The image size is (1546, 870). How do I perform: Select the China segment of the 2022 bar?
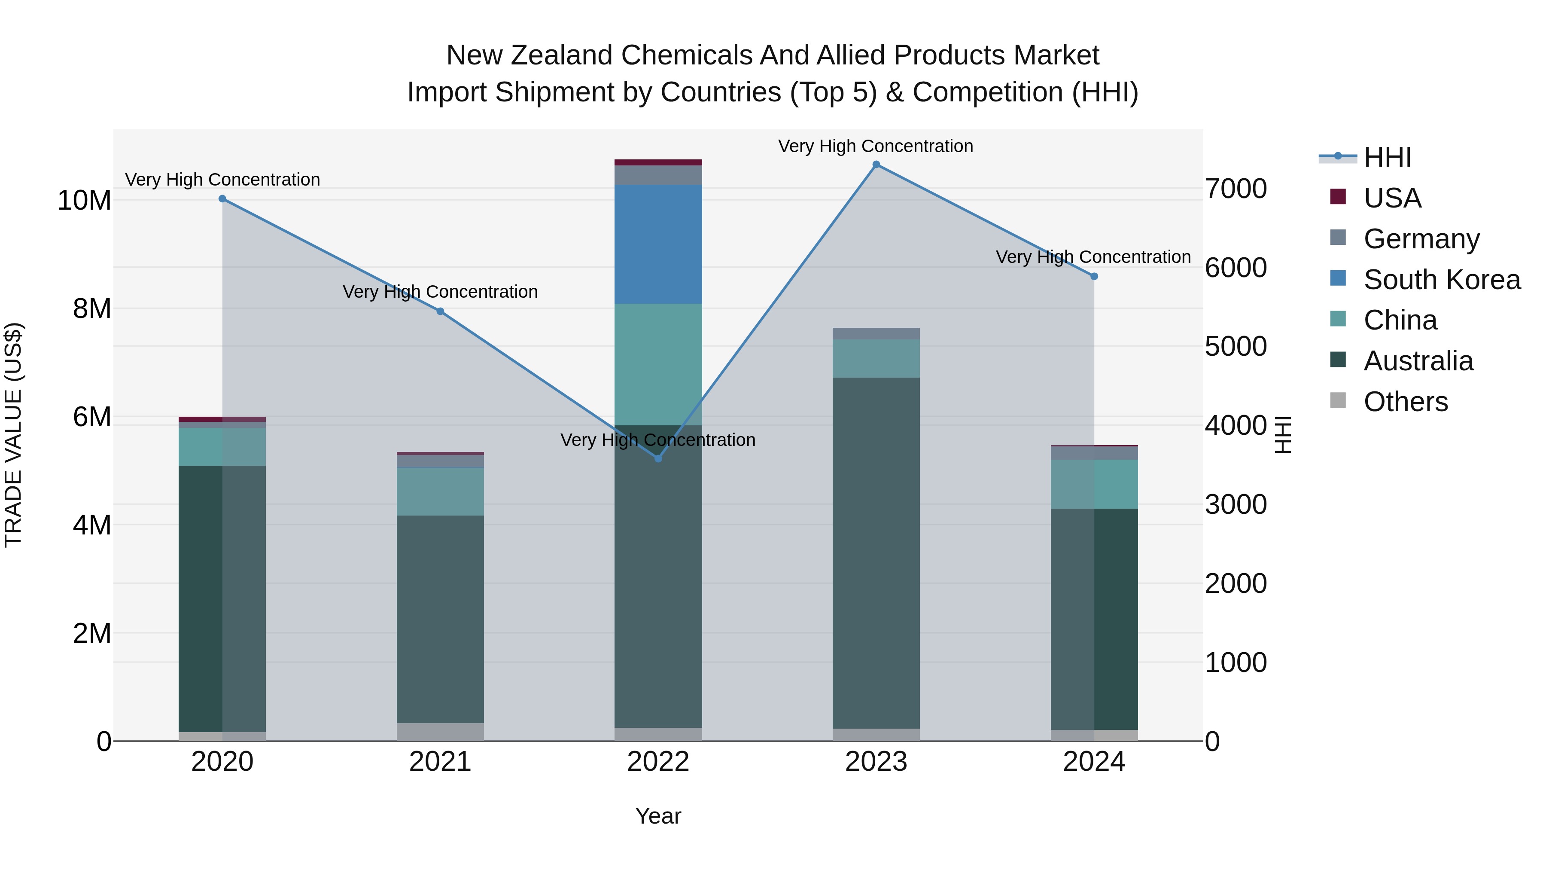coord(658,364)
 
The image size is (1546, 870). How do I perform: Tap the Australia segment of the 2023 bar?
coord(876,553)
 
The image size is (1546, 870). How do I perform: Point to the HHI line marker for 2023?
coord(876,165)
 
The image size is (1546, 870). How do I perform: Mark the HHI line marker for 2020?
coord(222,199)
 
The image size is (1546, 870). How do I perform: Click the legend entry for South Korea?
coord(1442,280)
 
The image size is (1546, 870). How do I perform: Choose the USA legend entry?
coord(1392,198)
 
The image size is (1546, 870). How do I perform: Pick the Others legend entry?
coord(1405,402)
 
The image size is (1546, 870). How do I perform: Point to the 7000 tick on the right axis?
coord(1236,189)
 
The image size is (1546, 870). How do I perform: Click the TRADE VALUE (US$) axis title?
coord(13,435)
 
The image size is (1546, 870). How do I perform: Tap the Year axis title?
coord(658,816)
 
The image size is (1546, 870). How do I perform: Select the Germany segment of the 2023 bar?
coord(876,333)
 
